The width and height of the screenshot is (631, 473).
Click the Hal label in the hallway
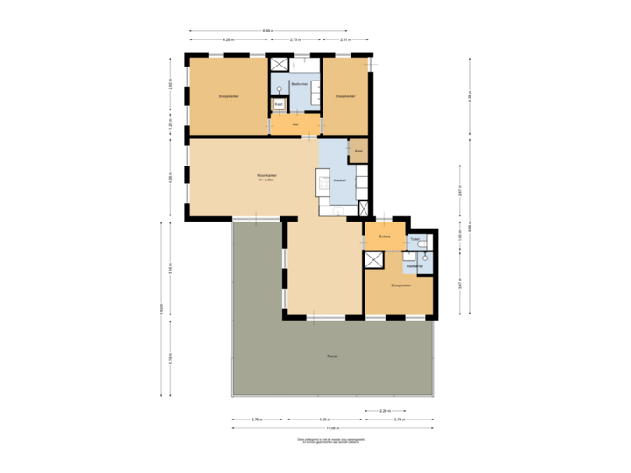click(x=294, y=125)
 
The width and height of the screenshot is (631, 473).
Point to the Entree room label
click(x=384, y=237)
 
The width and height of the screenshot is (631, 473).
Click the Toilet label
click(x=415, y=239)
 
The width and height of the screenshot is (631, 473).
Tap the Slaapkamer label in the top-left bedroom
click(x=229, y=96)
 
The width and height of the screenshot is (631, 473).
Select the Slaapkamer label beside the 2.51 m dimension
click(x=344, y=96)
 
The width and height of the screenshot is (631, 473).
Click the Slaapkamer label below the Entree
click(x=401, y=286)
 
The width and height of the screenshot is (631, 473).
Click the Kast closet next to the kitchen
click(x=358, y=152)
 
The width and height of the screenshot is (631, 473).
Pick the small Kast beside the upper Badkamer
click(x=278, y=104)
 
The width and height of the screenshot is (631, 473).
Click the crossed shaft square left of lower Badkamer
click(x=374, y=259)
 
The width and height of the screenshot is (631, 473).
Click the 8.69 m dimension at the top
click(x=266, y=32)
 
